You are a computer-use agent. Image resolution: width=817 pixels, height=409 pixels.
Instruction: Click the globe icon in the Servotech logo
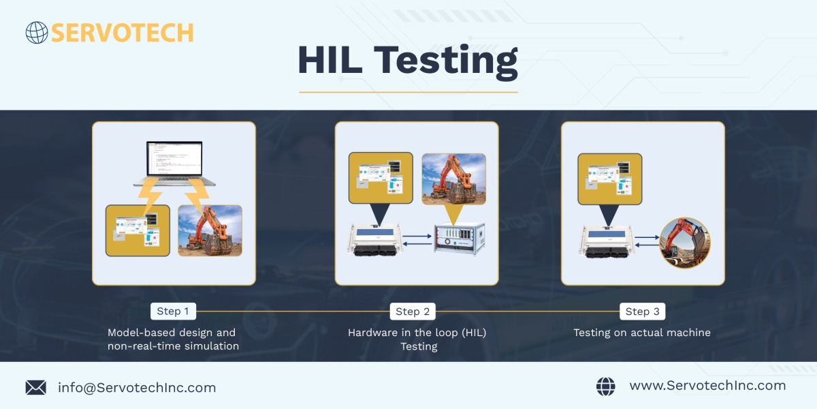pyautogui.click(x=37, y=33)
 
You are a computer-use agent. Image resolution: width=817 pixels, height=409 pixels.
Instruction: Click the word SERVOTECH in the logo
pyautogui.click(x=122, y=33)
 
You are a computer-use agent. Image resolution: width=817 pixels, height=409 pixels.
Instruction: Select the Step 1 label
pyautogui.click(x=173, y=311)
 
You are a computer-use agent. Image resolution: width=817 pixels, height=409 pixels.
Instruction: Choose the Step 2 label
pyautogui.click(x=413, y=312)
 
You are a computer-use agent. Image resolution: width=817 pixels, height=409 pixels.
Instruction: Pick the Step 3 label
pyautogui.click(x=642, y=312)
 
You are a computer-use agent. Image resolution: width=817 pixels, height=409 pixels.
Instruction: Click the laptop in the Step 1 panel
pyautogui.click(x=174, y=164)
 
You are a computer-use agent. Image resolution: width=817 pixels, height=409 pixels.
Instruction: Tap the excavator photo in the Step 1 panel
pyautogui.click(x=210, y=230)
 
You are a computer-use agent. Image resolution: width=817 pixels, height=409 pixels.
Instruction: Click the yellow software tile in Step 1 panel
pyautogui.click(x=138, y=230)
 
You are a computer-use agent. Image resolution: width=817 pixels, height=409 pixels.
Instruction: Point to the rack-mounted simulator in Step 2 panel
pyautogui.click(x=460, y=239)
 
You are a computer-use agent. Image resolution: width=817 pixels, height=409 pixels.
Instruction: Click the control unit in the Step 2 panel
pyautogui.click(x=375, y=239)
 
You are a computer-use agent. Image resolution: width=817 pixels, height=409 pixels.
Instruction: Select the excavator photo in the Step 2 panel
pyautogui.click(x=453, y=179)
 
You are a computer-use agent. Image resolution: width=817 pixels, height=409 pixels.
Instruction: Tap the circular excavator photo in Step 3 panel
pyautogui.click(x=685, y=243)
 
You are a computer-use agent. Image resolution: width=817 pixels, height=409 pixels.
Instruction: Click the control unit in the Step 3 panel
pyautogui.click(x=607, y=242)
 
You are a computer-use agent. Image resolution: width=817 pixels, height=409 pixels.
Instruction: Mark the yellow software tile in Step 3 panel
pyautogui.click(x=610, y=179)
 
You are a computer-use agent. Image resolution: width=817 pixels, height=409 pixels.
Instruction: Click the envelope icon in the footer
pyautogui.click(x=35, y=387)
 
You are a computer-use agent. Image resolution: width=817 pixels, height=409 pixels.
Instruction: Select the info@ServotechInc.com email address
pyautogui.click(x=137, y=387)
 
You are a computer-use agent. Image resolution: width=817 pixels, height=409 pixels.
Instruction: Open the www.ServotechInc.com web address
pyautogui.click(x=707, y=386)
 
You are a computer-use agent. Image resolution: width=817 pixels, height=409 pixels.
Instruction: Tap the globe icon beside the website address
pyautogui.click(x=605, y=387)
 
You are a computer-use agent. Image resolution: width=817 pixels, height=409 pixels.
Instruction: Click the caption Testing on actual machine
pyautogui.click(x=642, y=333)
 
